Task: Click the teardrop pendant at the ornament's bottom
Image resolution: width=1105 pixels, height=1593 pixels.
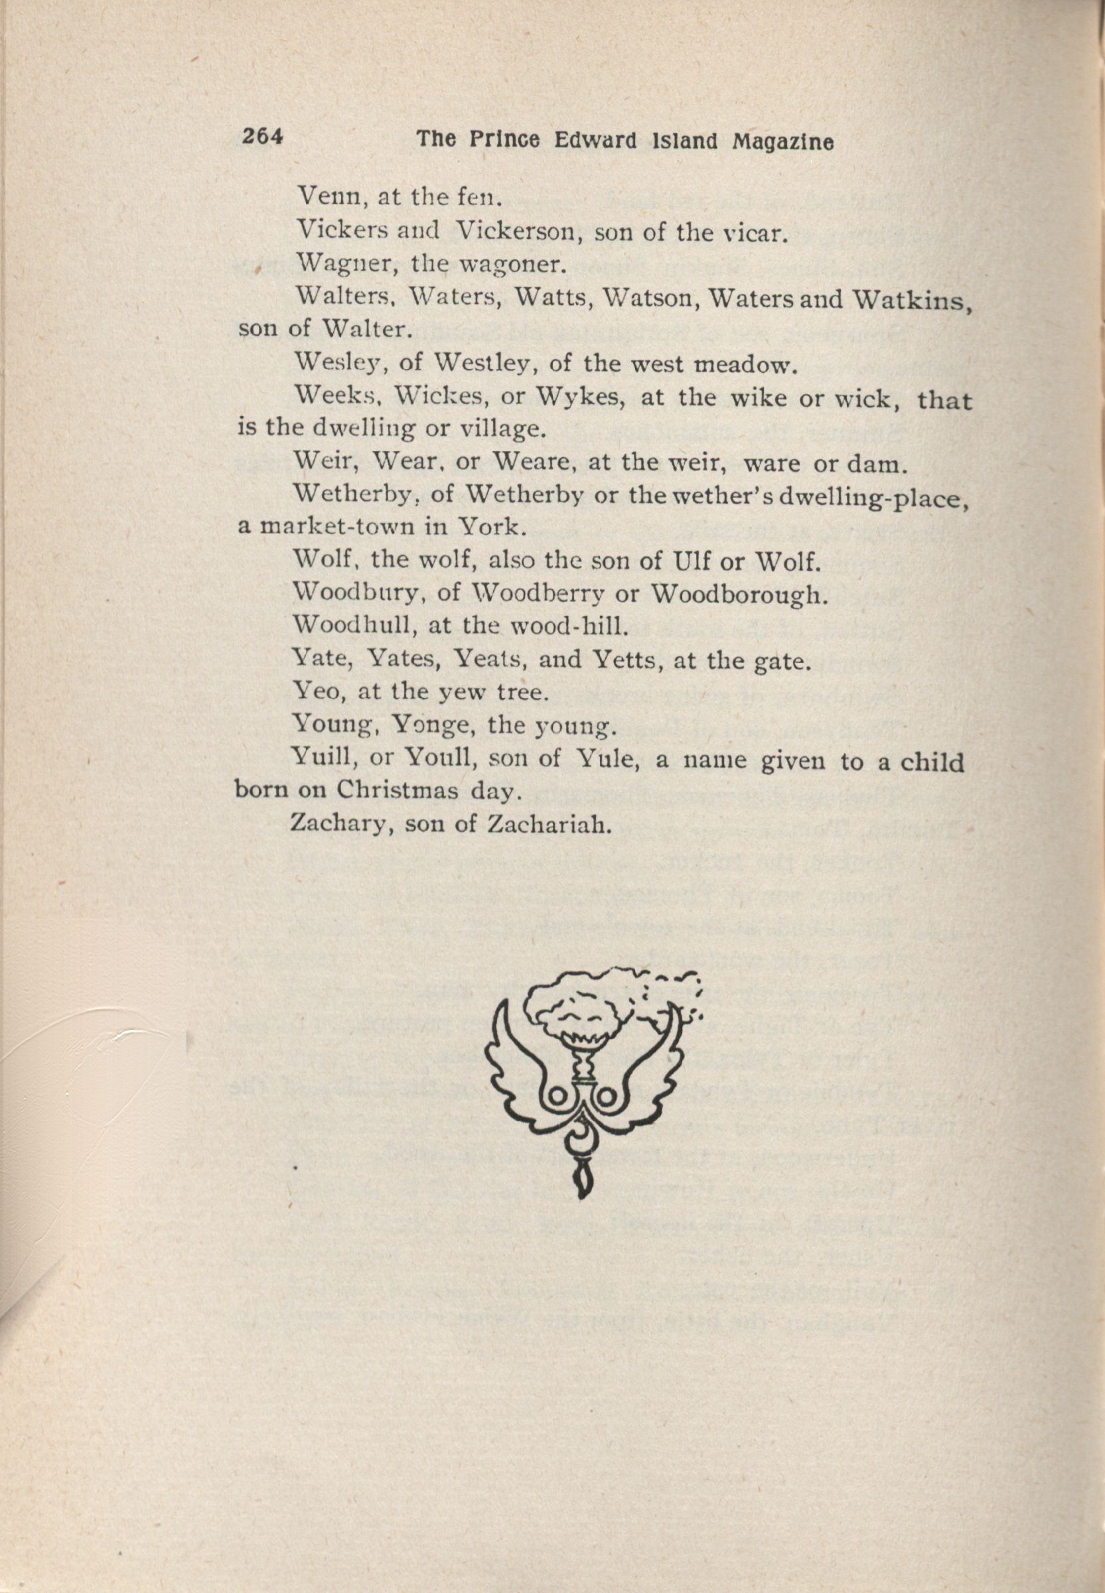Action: [x=582, y=1185]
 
